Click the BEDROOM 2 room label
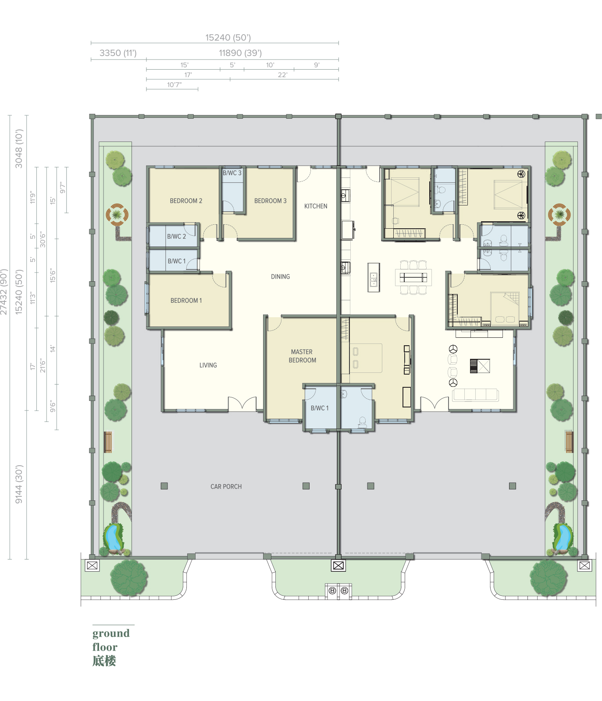point(186,201)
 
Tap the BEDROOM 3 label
point(270,201)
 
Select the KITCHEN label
point(316,206)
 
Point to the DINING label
point(280,276)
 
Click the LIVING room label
point(208,365)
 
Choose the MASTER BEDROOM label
point(302,356)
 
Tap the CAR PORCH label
point(226,486)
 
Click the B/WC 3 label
point(232,173)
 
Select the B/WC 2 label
point(176,236)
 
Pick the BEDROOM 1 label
point(186,301)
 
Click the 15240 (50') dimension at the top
point(228,38)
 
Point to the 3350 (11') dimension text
point(118,53)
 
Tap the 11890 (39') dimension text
point(240,53)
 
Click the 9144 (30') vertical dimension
point(18,484)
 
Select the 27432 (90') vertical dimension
point(4,292)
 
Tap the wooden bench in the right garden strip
point(569,442)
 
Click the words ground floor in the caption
point(110,640)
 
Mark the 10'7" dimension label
point(174,85)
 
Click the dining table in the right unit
point(413,277)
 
